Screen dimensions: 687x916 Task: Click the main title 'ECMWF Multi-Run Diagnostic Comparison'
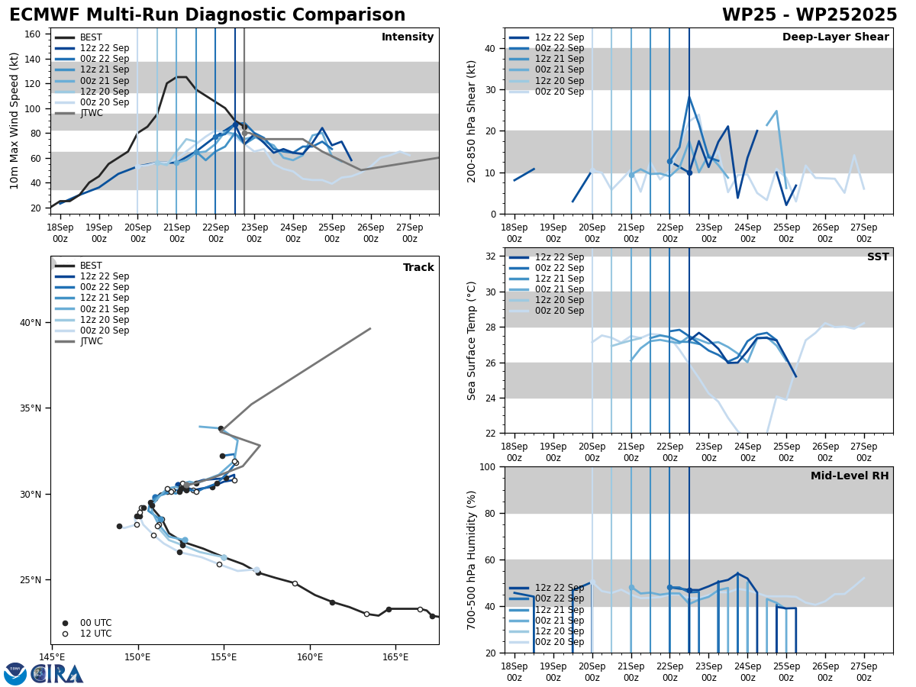(207, 15)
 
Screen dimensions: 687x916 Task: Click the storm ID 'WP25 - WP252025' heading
(809, 15)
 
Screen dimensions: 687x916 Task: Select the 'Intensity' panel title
(408, 37)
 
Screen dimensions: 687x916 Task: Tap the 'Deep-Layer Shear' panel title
(835, 37)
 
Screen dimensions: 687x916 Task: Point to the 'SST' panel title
(878, 257)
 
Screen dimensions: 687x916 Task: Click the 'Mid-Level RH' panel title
(850, 476)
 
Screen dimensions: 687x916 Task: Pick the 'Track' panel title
(418, 268)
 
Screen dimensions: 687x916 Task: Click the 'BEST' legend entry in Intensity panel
(91, 37)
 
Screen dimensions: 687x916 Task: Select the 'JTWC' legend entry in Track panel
(92, 341)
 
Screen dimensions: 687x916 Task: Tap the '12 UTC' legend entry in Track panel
(95, 634)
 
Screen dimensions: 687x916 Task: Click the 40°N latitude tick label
(31, 323)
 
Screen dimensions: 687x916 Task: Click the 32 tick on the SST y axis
(492, 256)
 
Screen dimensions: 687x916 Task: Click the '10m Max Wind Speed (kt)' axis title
(15, 121)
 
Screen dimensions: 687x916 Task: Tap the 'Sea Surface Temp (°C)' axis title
(472, 340)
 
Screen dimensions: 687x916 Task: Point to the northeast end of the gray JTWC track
(370, 329)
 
